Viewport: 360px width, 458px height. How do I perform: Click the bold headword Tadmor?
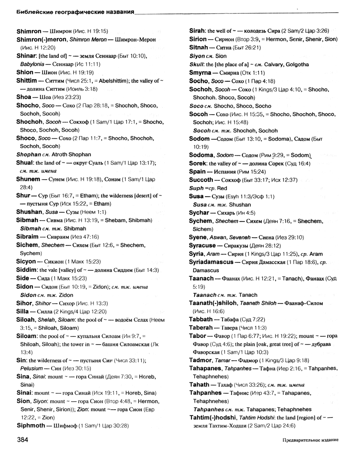[x=201, y=360]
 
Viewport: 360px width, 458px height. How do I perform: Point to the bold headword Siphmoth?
[x=32, y=425]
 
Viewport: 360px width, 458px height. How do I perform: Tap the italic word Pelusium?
[x=32, y=368]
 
